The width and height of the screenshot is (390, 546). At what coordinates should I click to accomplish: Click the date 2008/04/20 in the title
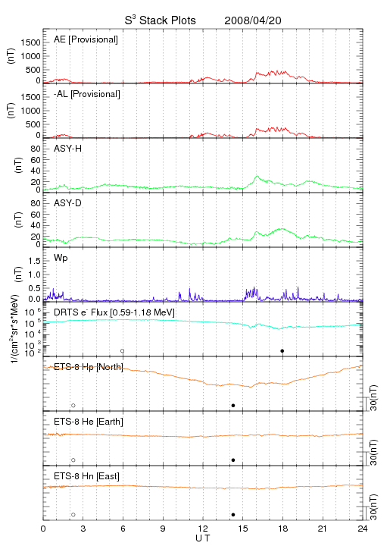[253, 20]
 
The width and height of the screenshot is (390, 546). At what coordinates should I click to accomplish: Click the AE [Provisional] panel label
[86, 39]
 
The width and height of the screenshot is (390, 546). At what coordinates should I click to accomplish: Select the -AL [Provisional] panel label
[87, 94]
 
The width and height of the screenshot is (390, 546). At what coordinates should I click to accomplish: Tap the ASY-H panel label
[67, 149]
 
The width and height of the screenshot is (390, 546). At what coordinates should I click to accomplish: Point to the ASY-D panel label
[67, 203]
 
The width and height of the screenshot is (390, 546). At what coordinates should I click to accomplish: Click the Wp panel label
[61, 259]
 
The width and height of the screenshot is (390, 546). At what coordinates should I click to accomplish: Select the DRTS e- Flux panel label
[114, 312]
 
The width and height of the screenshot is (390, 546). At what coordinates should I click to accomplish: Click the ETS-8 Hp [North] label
[89, 367]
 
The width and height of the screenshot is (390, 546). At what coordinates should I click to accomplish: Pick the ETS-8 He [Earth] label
[89, 422]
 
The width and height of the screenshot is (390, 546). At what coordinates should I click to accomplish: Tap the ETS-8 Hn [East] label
[86, 476]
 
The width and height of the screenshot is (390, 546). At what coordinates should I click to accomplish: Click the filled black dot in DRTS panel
[282, 351]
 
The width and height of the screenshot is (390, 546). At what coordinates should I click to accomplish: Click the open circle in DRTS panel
[123, 351]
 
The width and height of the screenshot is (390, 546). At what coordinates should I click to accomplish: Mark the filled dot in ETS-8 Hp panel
[233, 405]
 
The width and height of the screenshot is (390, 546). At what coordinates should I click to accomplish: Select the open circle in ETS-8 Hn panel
[73, 515]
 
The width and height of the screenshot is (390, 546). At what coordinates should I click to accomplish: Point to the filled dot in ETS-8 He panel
[233, 460]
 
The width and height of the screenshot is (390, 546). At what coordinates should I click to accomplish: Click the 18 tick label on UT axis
[283, 529]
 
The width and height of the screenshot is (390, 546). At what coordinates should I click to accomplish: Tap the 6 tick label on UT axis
[123, 529]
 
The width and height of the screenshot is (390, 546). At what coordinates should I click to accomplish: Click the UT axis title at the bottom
[203, 538]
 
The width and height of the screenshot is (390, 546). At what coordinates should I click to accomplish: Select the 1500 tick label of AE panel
[30, 42]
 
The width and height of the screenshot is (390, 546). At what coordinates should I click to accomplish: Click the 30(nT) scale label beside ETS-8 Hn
[373, 507]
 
